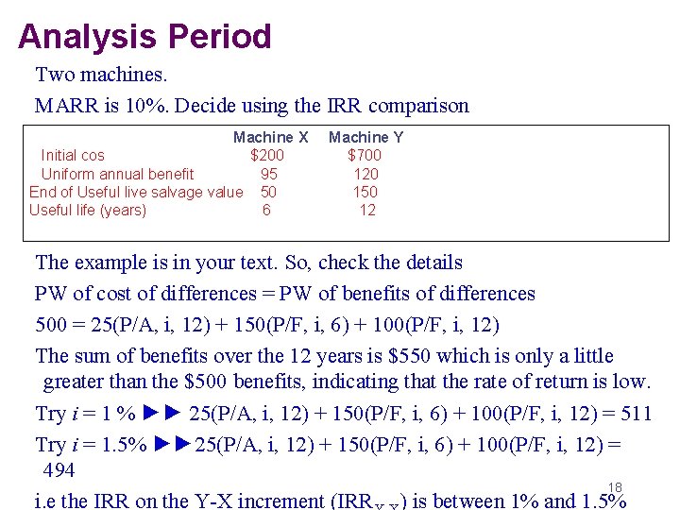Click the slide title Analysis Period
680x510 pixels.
coord(144,37)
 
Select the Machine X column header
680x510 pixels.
coord(270,137)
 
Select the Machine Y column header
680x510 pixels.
coord(365,137)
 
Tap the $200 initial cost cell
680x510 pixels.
coord(266,155)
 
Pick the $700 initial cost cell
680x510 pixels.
coord(365,155)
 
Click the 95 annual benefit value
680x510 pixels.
coord(269,174)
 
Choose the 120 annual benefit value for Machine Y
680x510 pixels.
coord(365,174)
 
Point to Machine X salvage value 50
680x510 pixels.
coord(268,192)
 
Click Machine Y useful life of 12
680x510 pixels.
coord(366,210)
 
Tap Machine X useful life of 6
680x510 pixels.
coord(266,210)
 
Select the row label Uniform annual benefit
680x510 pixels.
coord(117,174)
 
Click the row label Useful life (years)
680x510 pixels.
coord(88,210)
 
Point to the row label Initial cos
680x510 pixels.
coord(73,155)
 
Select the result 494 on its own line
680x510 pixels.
coord(59,470)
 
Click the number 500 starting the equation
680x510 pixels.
coord(51,325)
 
